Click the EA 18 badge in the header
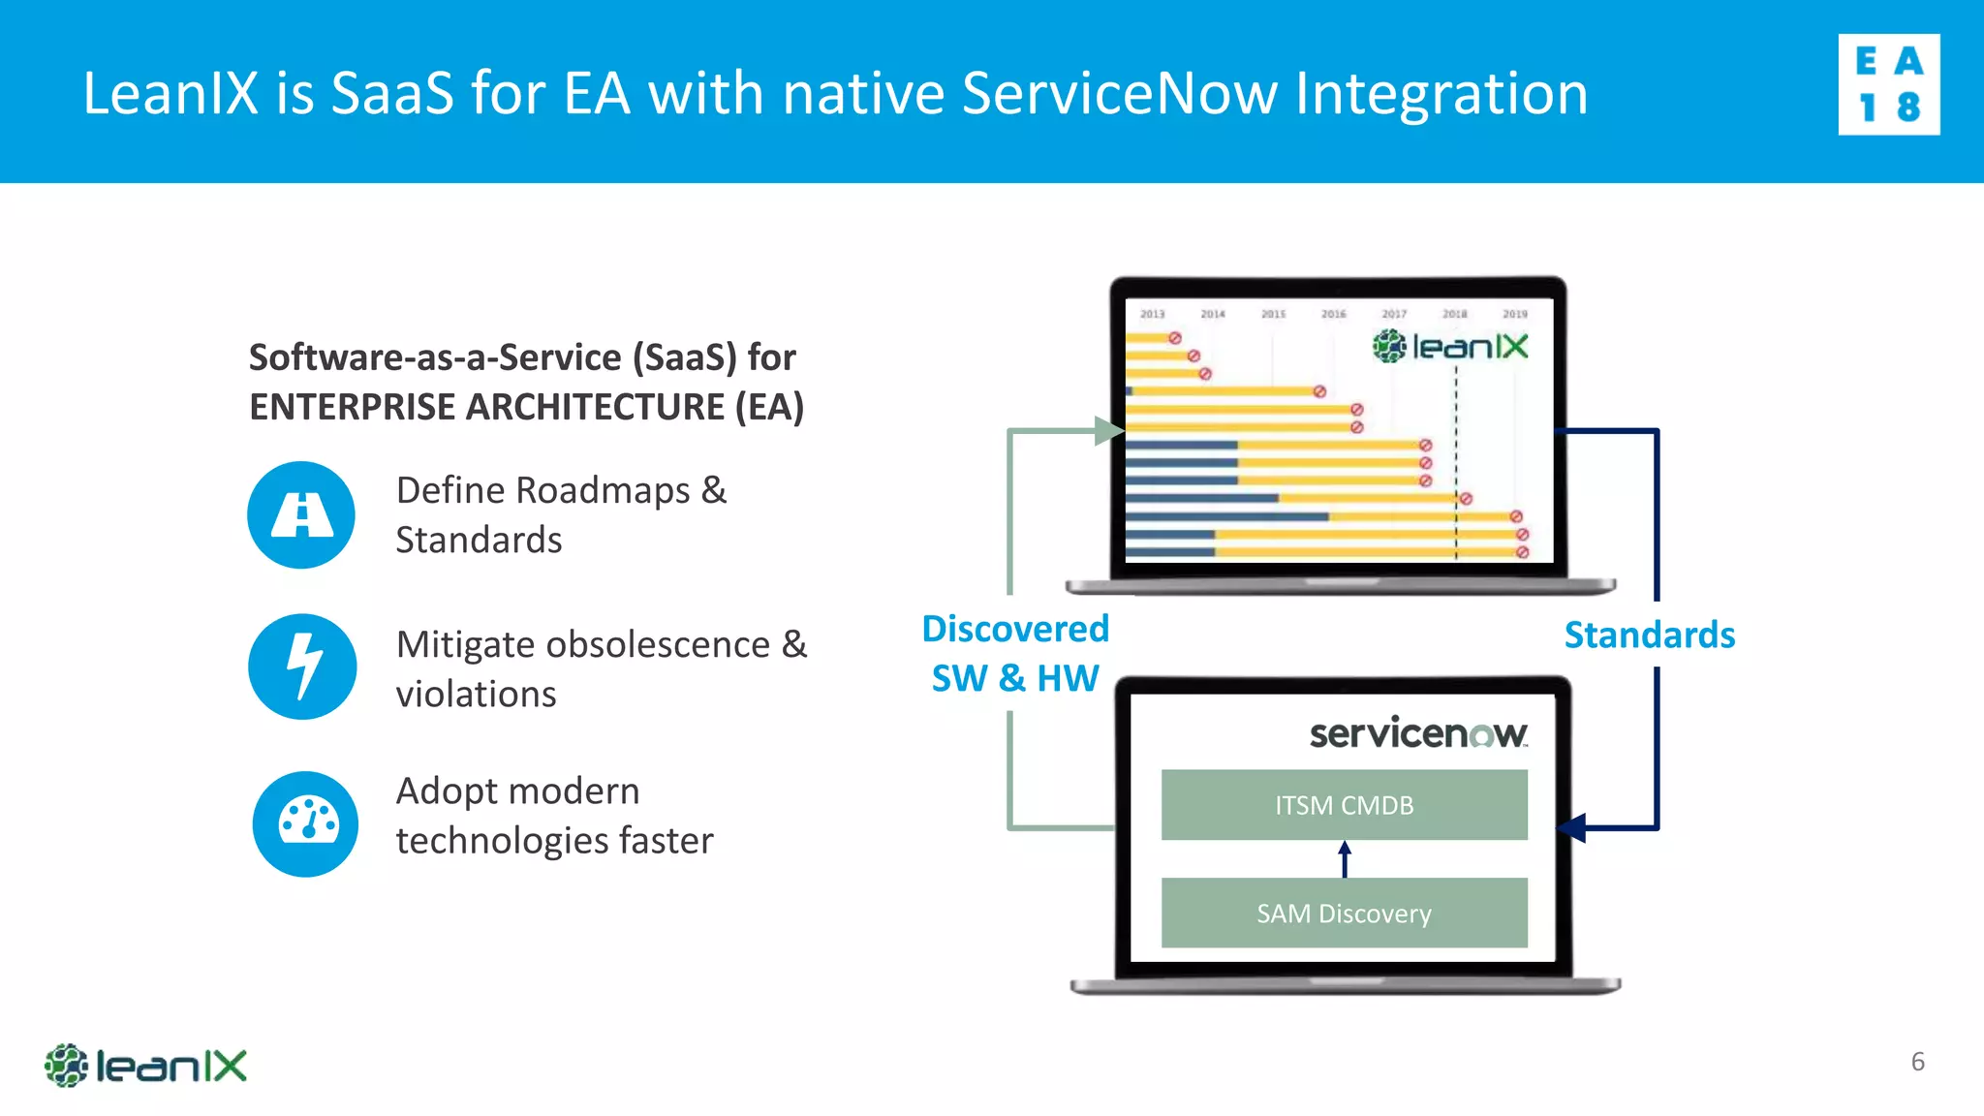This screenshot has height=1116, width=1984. [x=1888, y=84]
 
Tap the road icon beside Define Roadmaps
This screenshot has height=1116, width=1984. [x=301, y=514]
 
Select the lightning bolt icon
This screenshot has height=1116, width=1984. [x=302, y=666]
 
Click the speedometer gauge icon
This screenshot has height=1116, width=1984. [x=306, y=823]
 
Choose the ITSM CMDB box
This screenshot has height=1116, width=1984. [x=1344, y=805]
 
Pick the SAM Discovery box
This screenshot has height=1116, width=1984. [x=1344, y=913]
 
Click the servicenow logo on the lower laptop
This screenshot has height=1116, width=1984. [x=1418, y=733]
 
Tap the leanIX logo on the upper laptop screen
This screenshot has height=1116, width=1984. [x=1450, y=346]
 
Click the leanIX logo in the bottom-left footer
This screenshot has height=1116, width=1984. [x=145, y=1066]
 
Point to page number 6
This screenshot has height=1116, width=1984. [x=1917, y=1062]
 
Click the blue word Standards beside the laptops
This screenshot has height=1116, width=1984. [x=1649, y=635]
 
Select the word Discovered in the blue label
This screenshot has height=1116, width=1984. [x=1014, y=630]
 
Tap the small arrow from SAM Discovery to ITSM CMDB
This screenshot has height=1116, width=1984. [x=1345, y=858]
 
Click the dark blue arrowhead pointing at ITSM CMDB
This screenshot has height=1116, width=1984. [x=1572, y=828]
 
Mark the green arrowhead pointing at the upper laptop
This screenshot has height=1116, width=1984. [x=1108, y=430]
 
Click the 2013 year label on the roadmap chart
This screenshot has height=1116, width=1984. [x=1152, y=314]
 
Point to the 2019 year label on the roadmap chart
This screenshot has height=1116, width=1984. [x=1514, y=314]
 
